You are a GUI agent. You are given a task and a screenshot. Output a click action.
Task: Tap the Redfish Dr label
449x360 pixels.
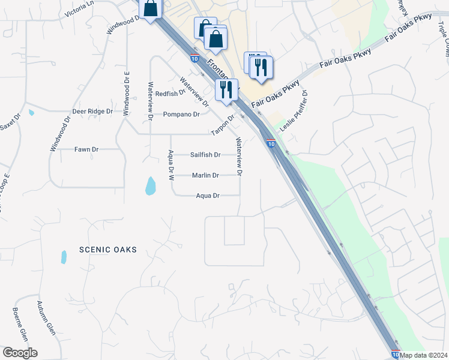tap(170, 94)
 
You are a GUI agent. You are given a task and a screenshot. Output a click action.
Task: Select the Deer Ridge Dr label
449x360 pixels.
tap(92, 112)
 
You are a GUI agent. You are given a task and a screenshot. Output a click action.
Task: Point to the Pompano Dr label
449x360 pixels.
tap(181, 114)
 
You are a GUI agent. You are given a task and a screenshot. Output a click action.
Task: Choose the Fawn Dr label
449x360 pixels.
tap(86, 149)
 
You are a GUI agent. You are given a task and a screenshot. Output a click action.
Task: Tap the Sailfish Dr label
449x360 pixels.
tap(205, 155)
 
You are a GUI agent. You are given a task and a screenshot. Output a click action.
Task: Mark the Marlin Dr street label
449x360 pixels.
tap(205, 175)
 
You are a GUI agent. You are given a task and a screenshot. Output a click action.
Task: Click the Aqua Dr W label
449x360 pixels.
tap(170, 165)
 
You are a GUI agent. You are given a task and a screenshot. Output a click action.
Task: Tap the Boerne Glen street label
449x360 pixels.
tap(20, 323)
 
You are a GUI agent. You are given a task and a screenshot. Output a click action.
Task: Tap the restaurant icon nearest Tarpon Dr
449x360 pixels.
tap(226, 89)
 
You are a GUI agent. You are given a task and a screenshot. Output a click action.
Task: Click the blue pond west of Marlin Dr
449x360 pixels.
tap(150, 187)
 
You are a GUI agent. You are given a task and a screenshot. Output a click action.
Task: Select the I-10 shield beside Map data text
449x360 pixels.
tap(395, 355)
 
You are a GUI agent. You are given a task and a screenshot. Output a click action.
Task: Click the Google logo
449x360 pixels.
tap(20, 353)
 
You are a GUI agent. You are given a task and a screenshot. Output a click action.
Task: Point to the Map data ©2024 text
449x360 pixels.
tap(424, 355)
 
